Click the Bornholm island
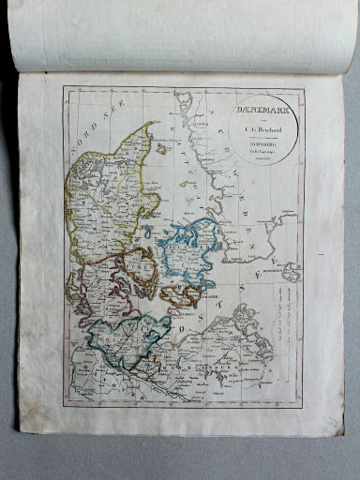tap(292, 271)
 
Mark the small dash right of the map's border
tap(319, 254)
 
